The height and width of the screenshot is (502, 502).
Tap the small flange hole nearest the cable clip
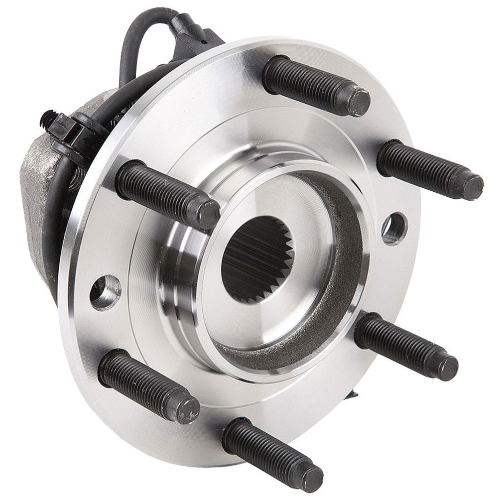[x=106, y=291]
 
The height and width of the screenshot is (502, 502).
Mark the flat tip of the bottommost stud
[x=312, y=479]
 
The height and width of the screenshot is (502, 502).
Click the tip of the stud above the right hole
[x=472, y=186]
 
